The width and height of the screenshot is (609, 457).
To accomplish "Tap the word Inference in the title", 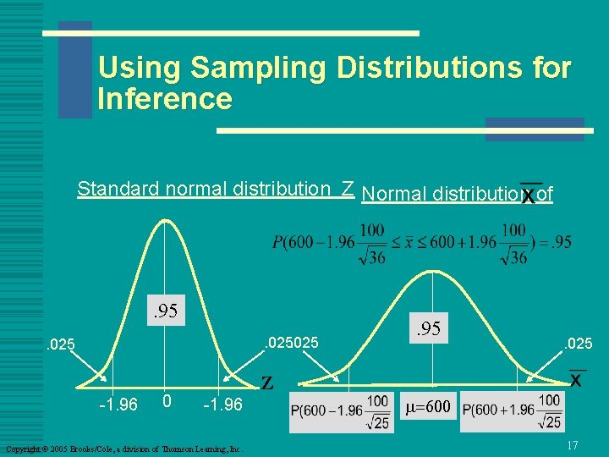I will point(165,100).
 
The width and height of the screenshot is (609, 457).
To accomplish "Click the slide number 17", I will point(572,444).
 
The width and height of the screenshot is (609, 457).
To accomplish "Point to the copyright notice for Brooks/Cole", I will point(123,448).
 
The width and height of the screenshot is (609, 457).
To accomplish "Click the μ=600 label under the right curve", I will point(430,407).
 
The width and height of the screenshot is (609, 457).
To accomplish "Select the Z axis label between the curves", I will point(267,383).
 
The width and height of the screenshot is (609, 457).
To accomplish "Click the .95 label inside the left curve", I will point(165,311).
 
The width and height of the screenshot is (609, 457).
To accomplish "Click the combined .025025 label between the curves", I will point(291,343).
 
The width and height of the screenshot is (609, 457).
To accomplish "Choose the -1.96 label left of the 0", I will point(117,405).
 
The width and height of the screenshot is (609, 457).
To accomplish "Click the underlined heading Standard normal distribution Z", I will point(215,189).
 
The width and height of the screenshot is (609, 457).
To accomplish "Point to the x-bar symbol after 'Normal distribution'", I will point(529,195).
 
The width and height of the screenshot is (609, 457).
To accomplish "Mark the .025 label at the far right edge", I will point(579,343).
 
